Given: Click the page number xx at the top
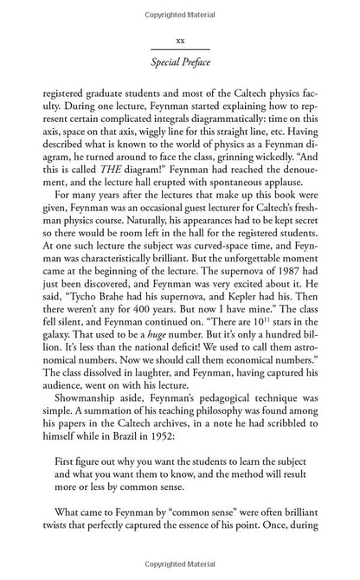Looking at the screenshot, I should tap(180, 40).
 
